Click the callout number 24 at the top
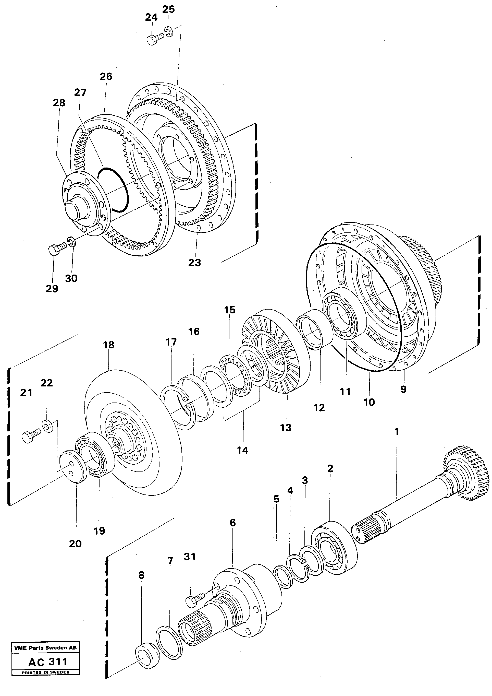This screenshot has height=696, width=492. pos(151,18)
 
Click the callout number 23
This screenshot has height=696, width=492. pos(194,263)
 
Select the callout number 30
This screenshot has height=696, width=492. pos(71,278)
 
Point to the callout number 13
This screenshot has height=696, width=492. pos(285,428)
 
